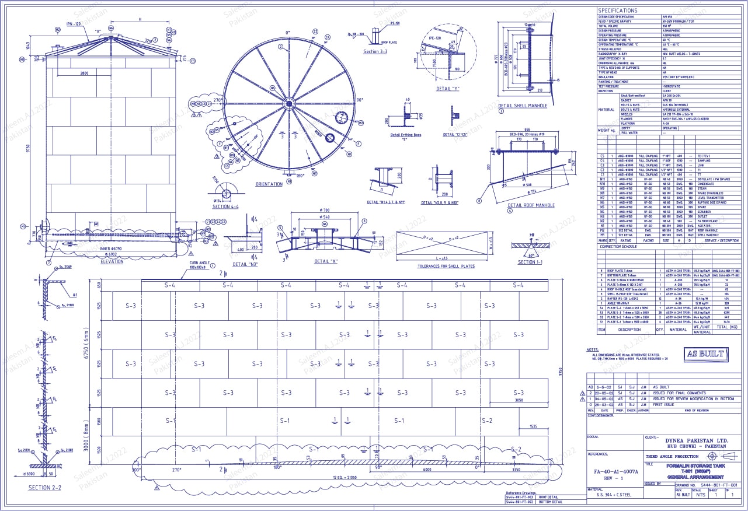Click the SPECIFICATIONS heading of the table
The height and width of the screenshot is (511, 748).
click(618, 10)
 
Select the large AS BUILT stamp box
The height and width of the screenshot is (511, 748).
click(705, 354)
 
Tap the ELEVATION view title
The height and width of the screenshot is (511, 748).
click(112, 262)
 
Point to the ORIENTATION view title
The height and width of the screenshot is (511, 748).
click(269, 184)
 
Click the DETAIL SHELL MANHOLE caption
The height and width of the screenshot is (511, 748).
click(523, 106)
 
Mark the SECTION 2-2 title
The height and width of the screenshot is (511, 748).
click(45, 488)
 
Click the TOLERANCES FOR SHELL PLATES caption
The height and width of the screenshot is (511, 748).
click(441, 266)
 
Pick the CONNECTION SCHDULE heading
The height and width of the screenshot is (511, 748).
click(618, 247)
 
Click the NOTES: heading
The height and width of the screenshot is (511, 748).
click(592, 350)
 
